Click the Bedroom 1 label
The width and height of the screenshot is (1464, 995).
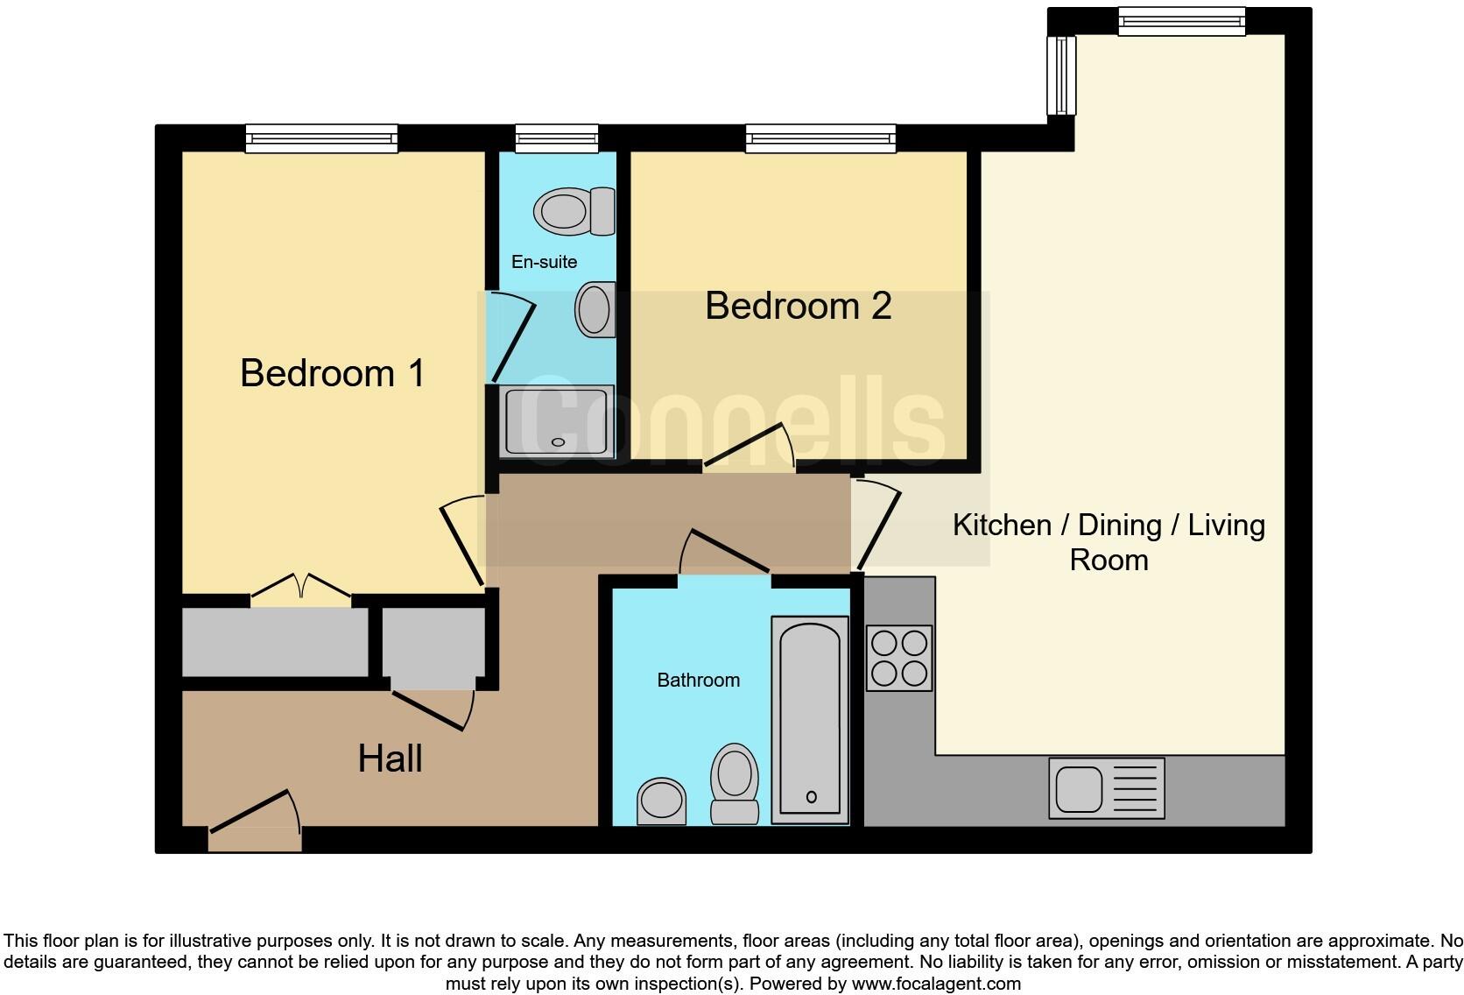pyautogui.click(x=333, y=373)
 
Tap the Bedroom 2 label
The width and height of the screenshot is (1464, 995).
pyautogui.click(x=798, y=306)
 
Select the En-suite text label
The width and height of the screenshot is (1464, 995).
pyautogui.click(x=544, y=262)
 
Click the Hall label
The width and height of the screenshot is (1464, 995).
pyautogui.click(x=390, y=759)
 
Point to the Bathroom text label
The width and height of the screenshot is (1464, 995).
pyautogui.click(x=698, y=681)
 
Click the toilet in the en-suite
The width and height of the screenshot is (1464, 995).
pyautogui.click(x=574, y=211)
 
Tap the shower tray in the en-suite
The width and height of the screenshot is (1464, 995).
pyautogui.click(x=558, y=421)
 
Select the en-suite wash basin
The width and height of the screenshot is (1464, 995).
pyautogui.click(x=595, y=309)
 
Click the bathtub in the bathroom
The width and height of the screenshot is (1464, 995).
pyautogui.click(x=810, y=719)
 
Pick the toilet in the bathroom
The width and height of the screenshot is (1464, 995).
pyautogui.click(x=734, y=782)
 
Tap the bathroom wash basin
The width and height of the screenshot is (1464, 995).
pyautogui.click(x=661, y=801)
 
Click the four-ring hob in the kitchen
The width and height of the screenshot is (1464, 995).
pyautogui.click(x=899, y=658)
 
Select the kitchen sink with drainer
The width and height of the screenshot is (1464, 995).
pyautogui.click(x=1107, y=788)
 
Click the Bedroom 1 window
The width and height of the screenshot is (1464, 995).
pyautogui.click(x=321, y=138)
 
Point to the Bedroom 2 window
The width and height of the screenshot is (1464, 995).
pyautogui.click(x=820, y=138)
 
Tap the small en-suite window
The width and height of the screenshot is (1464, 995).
pyautogui.click(x=557, y=138)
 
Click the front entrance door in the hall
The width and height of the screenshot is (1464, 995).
pyautogui.click(x=254, y=819)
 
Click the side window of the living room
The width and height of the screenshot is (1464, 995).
pyautogui.click(x=1061, y=75)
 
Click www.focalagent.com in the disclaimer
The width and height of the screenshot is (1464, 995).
pyautogui.click(x=936, y=984)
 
